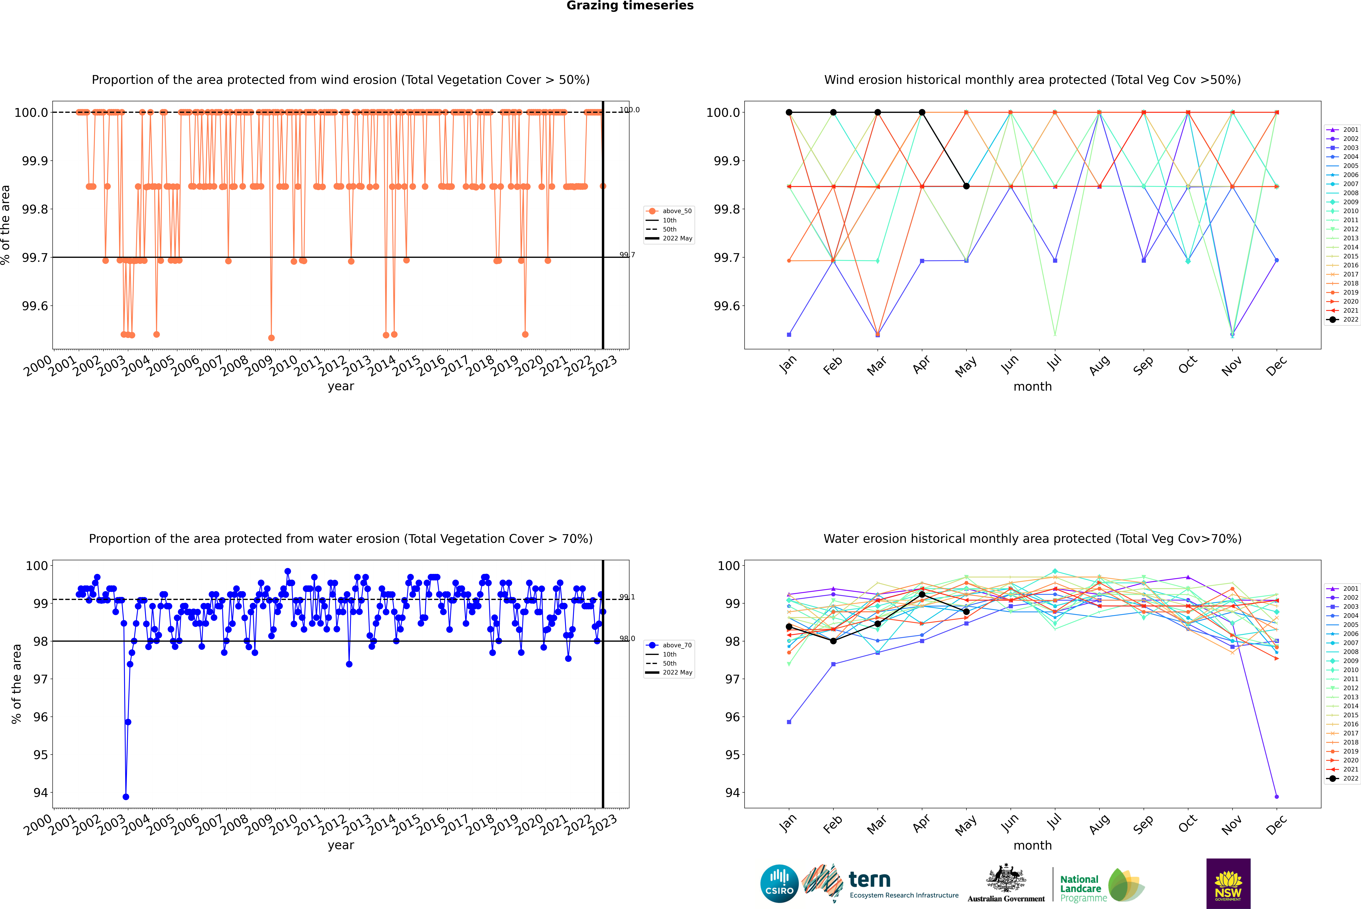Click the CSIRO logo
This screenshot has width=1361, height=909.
(x=779, y=884)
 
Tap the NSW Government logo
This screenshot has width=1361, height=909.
(x=1228, y=884)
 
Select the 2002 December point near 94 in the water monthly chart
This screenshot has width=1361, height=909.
(x=1276, y=796)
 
